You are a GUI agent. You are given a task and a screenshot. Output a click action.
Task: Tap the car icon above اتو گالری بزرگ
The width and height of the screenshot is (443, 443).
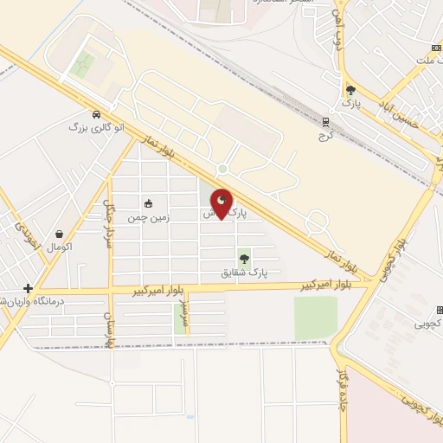[96, 114]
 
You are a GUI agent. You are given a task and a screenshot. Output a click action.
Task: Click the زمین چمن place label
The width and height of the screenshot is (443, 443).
[147, 219]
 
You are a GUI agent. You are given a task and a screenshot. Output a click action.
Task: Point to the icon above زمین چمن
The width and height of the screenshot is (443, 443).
[148, 204]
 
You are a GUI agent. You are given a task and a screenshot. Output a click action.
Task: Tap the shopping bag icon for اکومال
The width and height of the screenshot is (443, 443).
[59, 234]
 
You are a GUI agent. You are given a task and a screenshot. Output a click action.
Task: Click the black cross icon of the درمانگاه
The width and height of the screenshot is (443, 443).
[29, 288]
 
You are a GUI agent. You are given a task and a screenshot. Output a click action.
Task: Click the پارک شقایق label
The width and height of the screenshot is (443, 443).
[245, 272]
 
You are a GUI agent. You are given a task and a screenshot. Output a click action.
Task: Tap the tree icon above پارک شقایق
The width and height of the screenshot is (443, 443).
[244, 257]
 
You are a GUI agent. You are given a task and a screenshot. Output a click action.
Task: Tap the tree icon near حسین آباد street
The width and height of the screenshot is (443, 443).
[350, 89]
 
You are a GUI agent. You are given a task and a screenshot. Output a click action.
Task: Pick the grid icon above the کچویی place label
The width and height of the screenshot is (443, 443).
[439, 310]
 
